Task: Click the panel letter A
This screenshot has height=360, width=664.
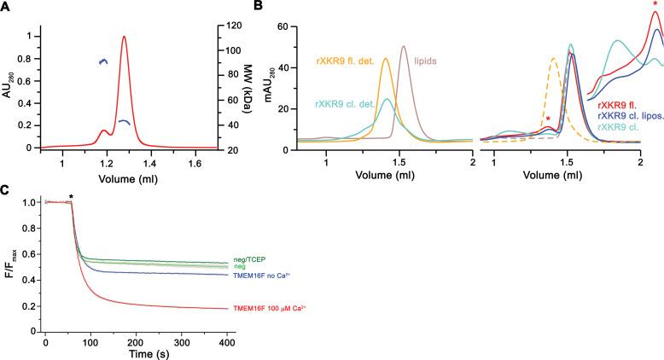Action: tap(6, 7)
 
